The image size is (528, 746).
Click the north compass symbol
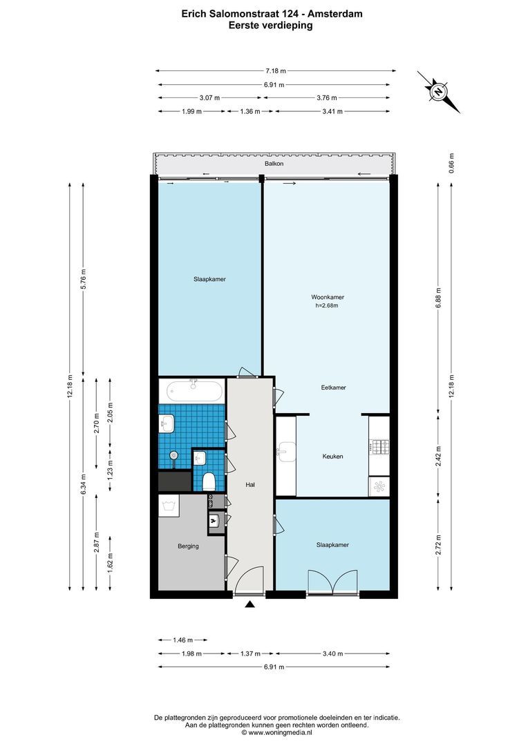coord(438,91)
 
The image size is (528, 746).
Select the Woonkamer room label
coord(327,297)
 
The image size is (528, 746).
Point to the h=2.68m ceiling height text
coord(327,305)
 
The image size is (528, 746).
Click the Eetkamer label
coord(333,388)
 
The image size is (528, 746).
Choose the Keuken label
coord(332,457)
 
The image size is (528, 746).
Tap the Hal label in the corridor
coord(250,486)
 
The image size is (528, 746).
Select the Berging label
coord(188,546)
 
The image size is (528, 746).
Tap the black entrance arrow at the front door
coord(250,605)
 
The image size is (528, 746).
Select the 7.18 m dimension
coord(275,70)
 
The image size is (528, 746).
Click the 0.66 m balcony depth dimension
coord(451,162)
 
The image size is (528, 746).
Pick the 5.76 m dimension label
coord(83,278)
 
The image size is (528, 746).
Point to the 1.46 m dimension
coord(181,640)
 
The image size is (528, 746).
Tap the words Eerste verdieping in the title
coord(271,25)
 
